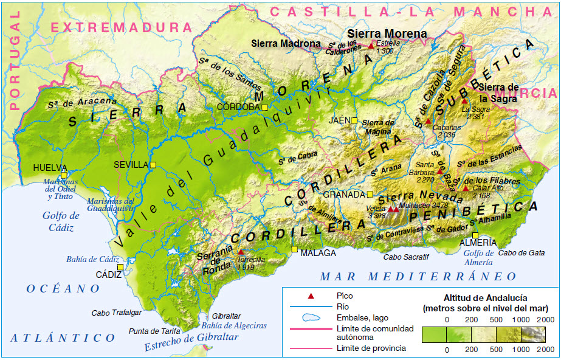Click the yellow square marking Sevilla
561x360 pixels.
click(153, 165)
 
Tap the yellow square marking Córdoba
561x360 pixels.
click(265, 108)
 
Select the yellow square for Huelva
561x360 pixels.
click(63, 175)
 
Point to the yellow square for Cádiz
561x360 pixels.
click(120, 267)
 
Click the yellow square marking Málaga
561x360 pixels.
click(295, 249)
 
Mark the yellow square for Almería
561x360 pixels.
click(475, 236)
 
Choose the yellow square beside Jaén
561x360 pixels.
click(354, 120)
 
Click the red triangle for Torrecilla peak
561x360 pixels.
click(241, 251)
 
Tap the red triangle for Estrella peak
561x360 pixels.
click(371, 45)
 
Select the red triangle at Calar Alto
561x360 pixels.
click(465, 188)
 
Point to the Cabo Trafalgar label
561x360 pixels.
click(116, 313)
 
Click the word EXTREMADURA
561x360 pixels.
click(117, 27)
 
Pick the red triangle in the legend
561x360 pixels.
click(311, 296)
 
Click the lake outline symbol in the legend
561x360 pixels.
click(311, 317)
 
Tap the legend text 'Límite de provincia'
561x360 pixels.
click(371, 348)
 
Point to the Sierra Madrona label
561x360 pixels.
click(286, 44)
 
